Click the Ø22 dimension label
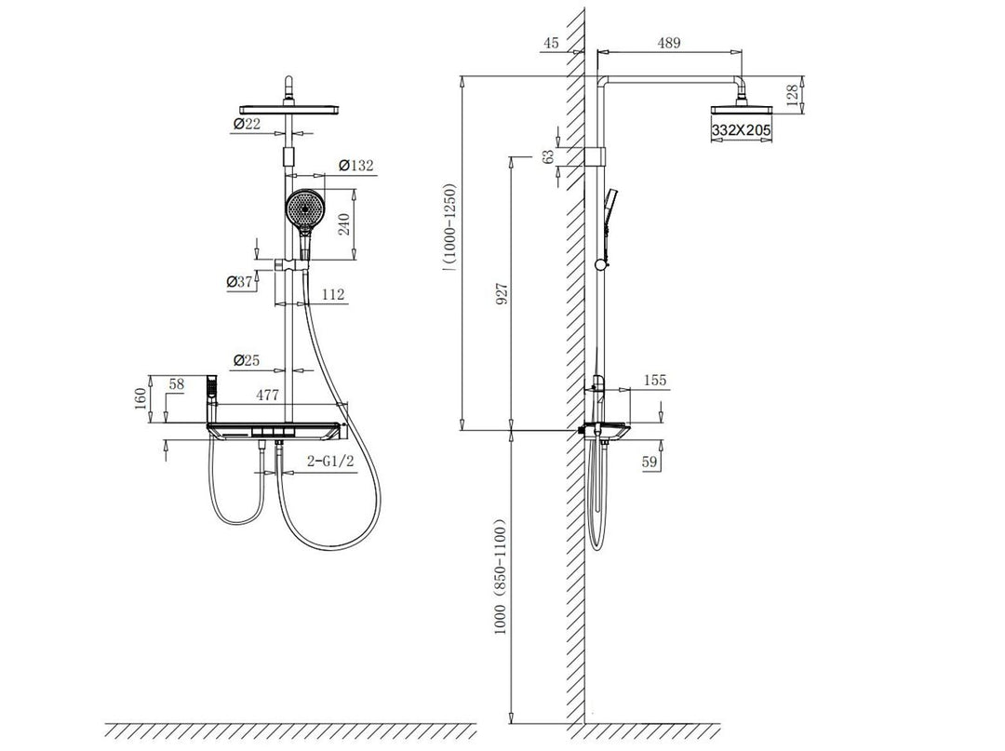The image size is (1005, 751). tap(247, 124)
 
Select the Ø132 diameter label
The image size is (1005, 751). tap(355, 165)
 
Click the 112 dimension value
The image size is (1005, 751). tap(332, 295)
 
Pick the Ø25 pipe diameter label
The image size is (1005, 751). tap(247, 359)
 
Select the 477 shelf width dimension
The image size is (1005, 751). tap(267, 395)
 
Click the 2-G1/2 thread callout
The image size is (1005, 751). tap(330, 461)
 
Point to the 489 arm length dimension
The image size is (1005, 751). tap(668, 42)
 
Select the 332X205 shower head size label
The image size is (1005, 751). tap(742, 131)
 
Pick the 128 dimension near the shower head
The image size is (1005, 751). tap(793, 95)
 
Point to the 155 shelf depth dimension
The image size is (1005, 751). tap(654, 381)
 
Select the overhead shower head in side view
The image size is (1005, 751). tap(742, 110)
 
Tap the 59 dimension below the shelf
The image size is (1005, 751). tap(650, 460)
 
